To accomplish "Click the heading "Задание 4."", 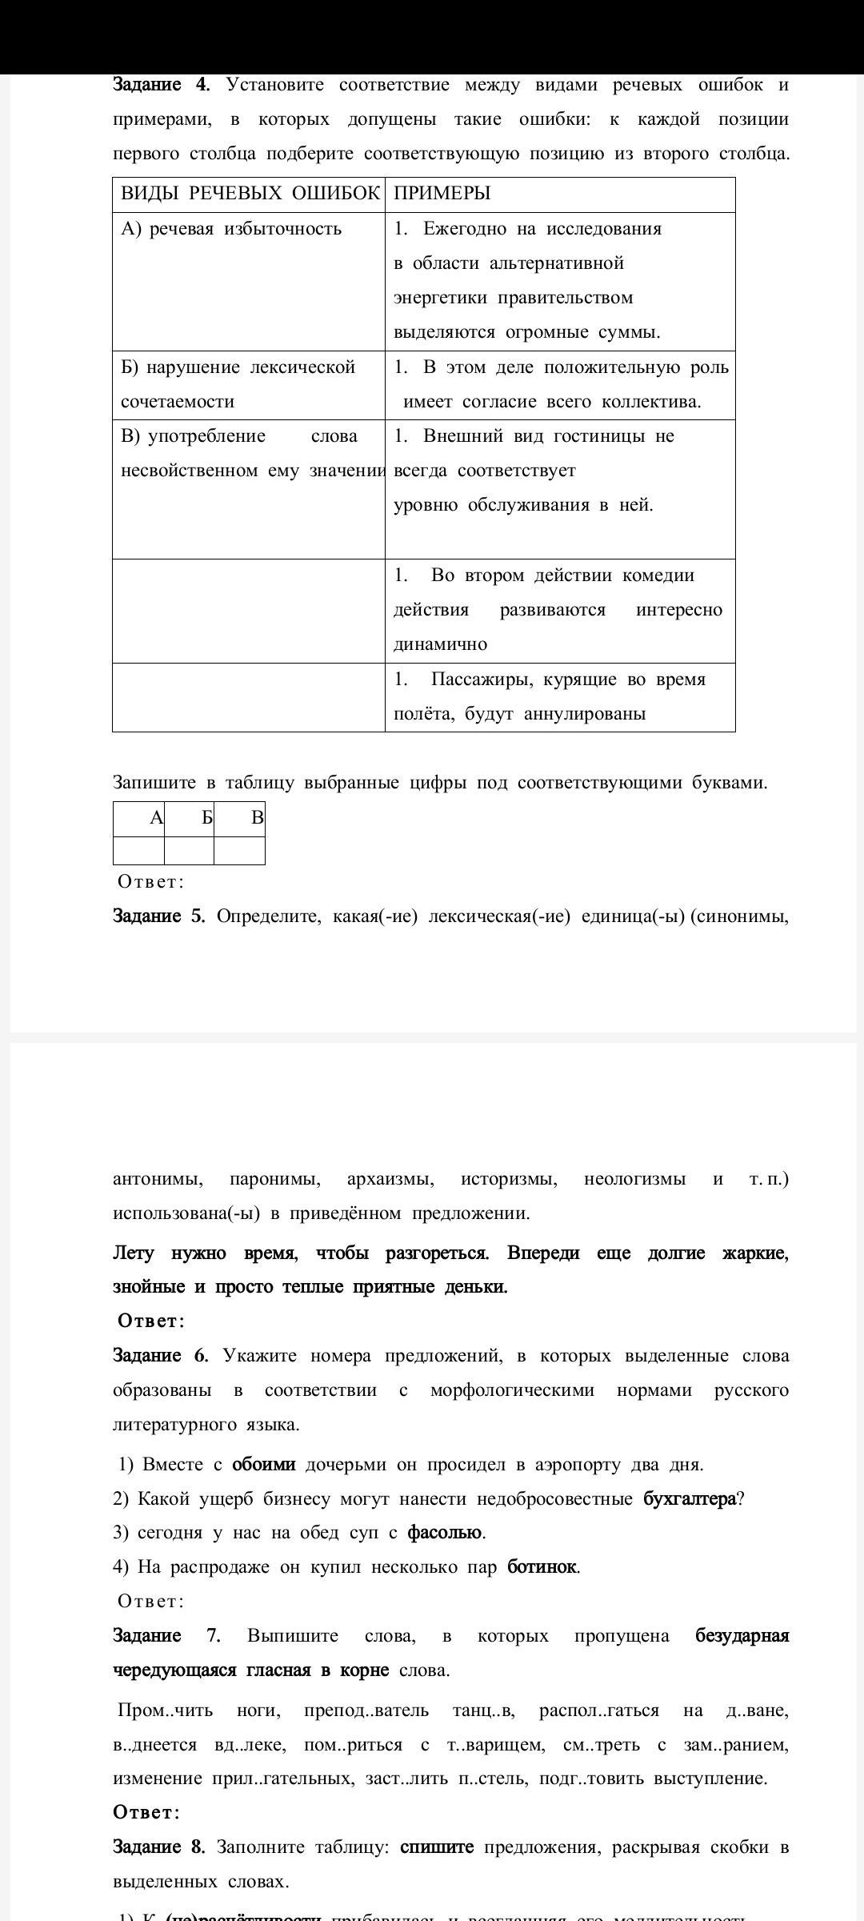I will coord(161,85).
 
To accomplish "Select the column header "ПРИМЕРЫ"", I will coord(442,194).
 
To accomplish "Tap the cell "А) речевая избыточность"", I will coord(231,229).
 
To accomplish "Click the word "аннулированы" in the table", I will coord(584,714).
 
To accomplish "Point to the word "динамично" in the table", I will coord(440,644).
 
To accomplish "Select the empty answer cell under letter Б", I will coord(189,850).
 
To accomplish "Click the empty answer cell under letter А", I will coord(138,850).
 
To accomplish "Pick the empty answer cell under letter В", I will coord(239,850).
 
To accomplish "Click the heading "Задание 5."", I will coord(159,916).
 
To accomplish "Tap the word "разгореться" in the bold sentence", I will coord(437,1253).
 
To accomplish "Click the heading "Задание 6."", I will coord(160,1356).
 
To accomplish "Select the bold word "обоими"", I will coord(264,1465).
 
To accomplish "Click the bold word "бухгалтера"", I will coord(690,1499).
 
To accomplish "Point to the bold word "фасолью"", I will coord(445,1533).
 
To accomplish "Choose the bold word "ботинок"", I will coord(542,1566).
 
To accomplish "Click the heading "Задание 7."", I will coord(166,1635).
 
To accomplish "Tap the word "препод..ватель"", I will coord(366,1710).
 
